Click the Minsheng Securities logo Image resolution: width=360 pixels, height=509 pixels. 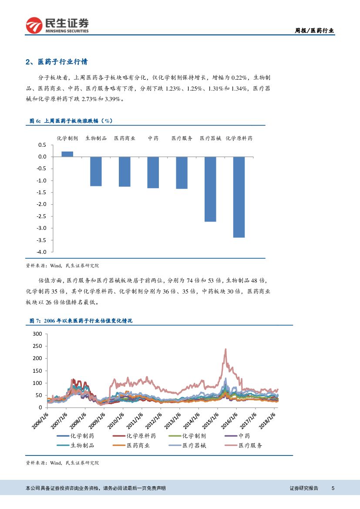pos(57,25)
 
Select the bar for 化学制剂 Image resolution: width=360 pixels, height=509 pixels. pos(67,154)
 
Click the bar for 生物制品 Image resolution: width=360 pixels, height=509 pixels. pos(96,171)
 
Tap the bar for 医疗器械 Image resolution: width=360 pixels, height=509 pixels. pos(210,189)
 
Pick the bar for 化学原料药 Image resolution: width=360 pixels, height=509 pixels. pos(239,197)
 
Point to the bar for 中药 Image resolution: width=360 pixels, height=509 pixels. pos(153,172)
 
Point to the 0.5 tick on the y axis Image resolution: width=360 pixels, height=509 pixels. pos(42,145)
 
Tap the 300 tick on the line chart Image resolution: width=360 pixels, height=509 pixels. pos(37,334)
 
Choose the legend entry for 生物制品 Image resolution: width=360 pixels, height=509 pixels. pos(82,445)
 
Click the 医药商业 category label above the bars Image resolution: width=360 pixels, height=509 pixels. pos(124,138)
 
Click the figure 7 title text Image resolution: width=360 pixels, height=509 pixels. pos(81,321)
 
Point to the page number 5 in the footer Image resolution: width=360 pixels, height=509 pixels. pos(333,488)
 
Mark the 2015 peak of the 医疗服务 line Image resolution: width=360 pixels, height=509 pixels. pos(225,349)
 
